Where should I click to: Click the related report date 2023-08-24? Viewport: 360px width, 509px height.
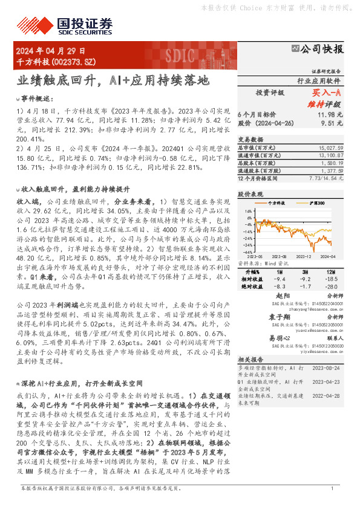[x=329, y=366]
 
